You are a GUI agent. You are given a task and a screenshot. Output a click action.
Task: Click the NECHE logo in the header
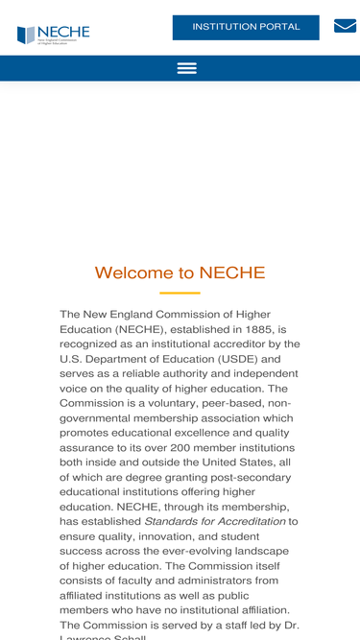pyautogui.click(x=53, y=35)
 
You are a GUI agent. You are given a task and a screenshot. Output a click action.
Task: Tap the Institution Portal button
pyautogui.click(x=246, y=27)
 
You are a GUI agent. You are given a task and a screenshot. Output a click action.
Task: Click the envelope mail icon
pyautogui.click(x=345, y=26)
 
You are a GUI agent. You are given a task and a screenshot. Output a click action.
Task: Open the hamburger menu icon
pyautogui.click(x=187, y=68)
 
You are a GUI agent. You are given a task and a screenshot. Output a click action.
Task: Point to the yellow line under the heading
pyautogui.click(x=180, y=293)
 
